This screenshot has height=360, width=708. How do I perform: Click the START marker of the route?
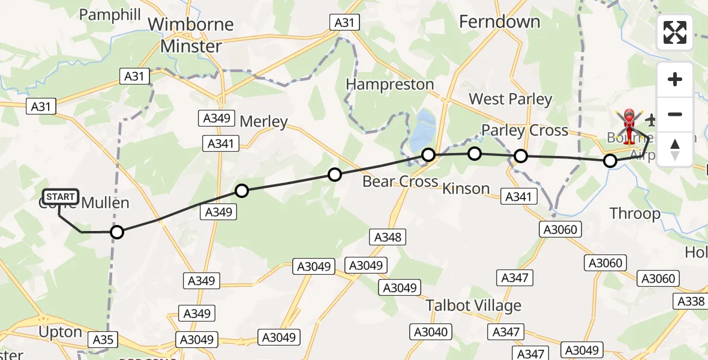tap(60, 197)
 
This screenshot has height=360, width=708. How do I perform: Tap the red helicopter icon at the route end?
tap(628, 124)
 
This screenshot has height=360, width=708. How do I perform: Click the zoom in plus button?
tap(675, 79)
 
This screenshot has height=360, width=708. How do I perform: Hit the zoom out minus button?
tap(675, 114)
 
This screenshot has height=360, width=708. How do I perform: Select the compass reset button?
tap(675, 149)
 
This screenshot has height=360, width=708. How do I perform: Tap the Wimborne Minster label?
tap(191, 35)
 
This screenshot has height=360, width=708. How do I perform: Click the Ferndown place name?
tap(499, 22)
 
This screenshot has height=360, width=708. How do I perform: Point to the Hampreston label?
tap(390, 85)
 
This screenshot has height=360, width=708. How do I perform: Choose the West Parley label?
tap(510, 99)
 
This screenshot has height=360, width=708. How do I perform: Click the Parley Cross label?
tap(524, 130)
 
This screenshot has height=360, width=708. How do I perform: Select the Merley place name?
tap(263, 122)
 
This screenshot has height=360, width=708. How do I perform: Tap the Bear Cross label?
tap(400, 181)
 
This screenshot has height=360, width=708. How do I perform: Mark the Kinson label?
tap(466, 188)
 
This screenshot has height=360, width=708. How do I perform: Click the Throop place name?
tap(635, 214)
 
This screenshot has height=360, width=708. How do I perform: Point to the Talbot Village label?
tap(473, 305)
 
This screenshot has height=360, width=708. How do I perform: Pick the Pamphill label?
tap(110, 15)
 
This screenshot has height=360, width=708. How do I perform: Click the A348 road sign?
tap(388, 237)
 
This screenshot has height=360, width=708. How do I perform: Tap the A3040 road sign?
tap(430, 332)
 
